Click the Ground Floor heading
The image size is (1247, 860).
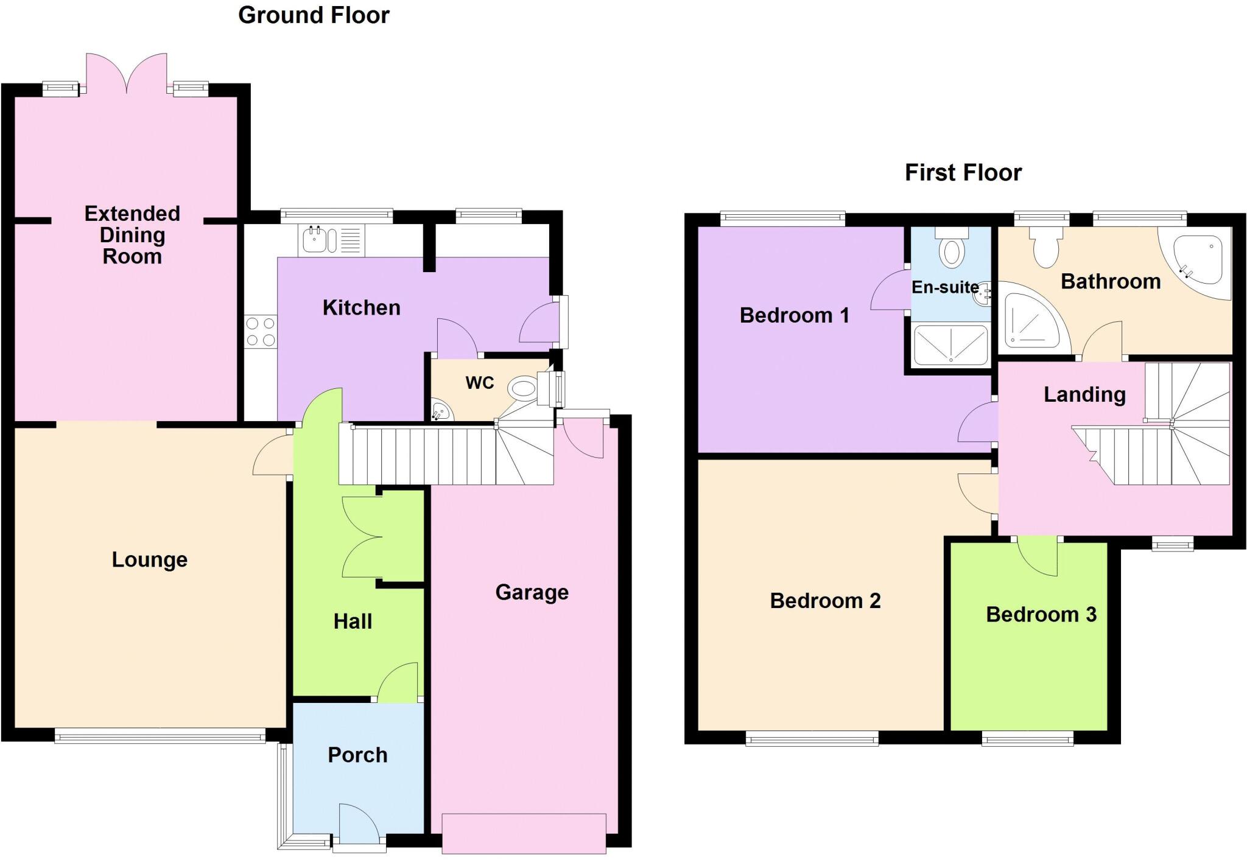[314, 15]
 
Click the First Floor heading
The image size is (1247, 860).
[963, 173]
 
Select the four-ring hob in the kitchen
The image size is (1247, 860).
[261, 332]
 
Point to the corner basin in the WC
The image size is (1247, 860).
[441, 411]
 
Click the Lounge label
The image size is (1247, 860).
[149, 560]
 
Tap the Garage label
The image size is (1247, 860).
[532, 592]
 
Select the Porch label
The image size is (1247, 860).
[357, 755]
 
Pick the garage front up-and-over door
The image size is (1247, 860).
[524, 833]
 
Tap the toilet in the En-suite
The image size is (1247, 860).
[952, 250]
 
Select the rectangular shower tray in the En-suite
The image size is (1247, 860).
[950, 345]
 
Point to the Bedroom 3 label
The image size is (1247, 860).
[1041, 615]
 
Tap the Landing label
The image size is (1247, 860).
[1084, 395]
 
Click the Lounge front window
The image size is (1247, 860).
[160, 737]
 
